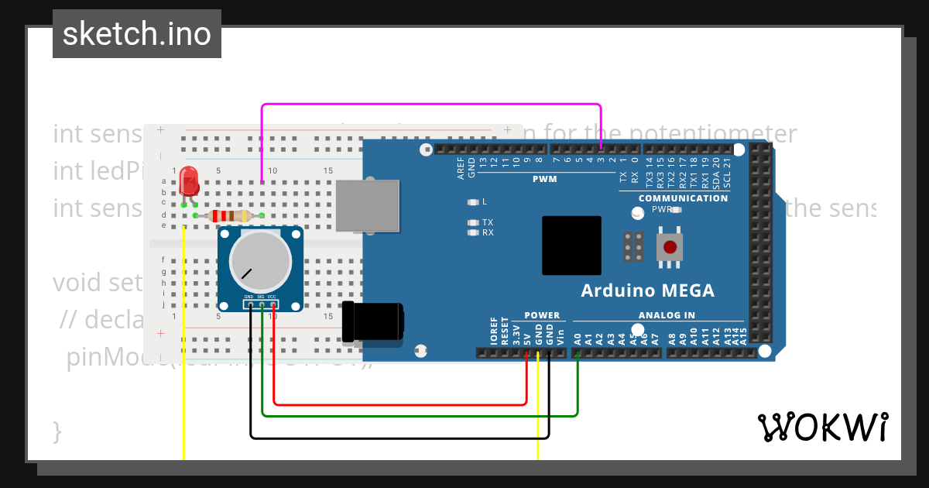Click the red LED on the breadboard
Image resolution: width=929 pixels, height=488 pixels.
(188, 182)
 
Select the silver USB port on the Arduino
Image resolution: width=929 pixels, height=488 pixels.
(368, 205)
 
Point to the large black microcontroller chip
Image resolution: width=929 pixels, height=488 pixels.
(571, 246)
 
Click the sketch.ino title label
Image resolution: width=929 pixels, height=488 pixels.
(137, 34)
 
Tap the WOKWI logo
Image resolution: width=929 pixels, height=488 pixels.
(822, 427)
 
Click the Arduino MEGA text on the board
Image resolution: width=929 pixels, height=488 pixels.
(647, 291)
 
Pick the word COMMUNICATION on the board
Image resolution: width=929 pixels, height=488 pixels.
(683, 198)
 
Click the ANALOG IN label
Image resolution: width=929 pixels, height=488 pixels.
(667, 315)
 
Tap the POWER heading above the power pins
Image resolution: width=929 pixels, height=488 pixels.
(542, 315)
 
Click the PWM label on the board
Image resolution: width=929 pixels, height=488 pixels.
(544, 179)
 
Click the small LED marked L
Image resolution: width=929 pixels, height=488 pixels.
(473, 202)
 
